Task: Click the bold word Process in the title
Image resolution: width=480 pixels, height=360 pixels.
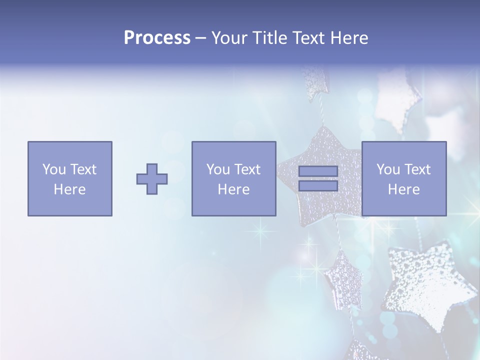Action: (x=157, y=38)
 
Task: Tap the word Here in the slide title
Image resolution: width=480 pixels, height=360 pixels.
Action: (x=350, y=38)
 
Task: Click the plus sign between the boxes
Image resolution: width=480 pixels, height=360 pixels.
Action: (x=152, y=179)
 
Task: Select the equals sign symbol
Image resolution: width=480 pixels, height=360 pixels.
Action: (x=318, y=178)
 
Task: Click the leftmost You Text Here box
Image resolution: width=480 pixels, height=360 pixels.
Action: (x=70, y=178)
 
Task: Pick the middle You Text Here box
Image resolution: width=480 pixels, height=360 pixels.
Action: (x=233, y=178)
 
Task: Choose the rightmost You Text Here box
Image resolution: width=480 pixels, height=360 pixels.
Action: (x=404, y=178)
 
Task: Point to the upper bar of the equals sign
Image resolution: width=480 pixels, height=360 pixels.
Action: (x=318, y=171)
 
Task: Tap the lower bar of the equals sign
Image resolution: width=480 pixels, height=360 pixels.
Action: (x=318, y=186)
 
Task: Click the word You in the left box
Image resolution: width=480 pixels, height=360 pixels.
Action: (x=54, y=169)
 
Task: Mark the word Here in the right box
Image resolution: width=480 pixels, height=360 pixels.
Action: (x=404, y=189)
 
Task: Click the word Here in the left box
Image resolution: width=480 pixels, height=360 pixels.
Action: (x=70, y=189)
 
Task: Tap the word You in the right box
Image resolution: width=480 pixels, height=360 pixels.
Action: (x=388, y=169)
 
